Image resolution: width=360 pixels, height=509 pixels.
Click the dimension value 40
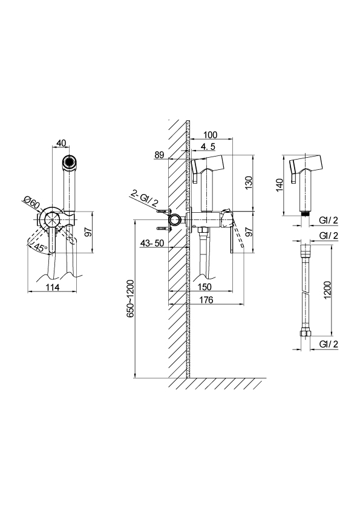pyautogui.click(x=61, y=143)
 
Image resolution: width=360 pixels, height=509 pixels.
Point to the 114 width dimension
pyautogui.click(x=53, y=287)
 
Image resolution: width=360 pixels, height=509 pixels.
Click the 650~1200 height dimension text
pyautogui.click(x=130, y=298)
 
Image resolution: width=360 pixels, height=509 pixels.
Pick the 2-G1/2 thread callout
pyautogui.click(x=144, y=199)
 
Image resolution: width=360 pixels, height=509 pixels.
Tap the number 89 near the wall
pyautogui.click(x=159, y=155)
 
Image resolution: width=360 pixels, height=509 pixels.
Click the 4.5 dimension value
pyautogui.click(x=208, y=146)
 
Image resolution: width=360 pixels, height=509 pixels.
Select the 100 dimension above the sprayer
pyautogui.click(x=210, y=135)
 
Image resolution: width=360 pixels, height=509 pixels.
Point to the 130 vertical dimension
pyautogui.click(x=249, y=183)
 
